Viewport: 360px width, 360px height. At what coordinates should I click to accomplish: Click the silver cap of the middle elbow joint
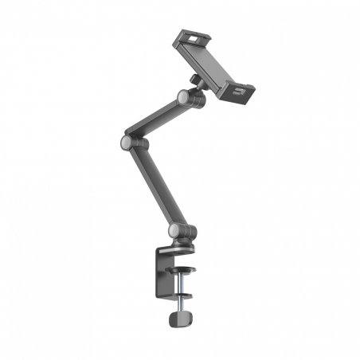pyautogui.click(x=127, y=143)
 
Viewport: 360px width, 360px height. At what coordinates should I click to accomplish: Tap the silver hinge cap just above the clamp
pyautogui.click(x=174, y=232)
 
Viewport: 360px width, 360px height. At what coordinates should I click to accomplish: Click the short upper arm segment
pyautogui.click(x=156, y=120)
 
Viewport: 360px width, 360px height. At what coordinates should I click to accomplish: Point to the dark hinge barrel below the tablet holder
pyautogui.click(x=196, y=100)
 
